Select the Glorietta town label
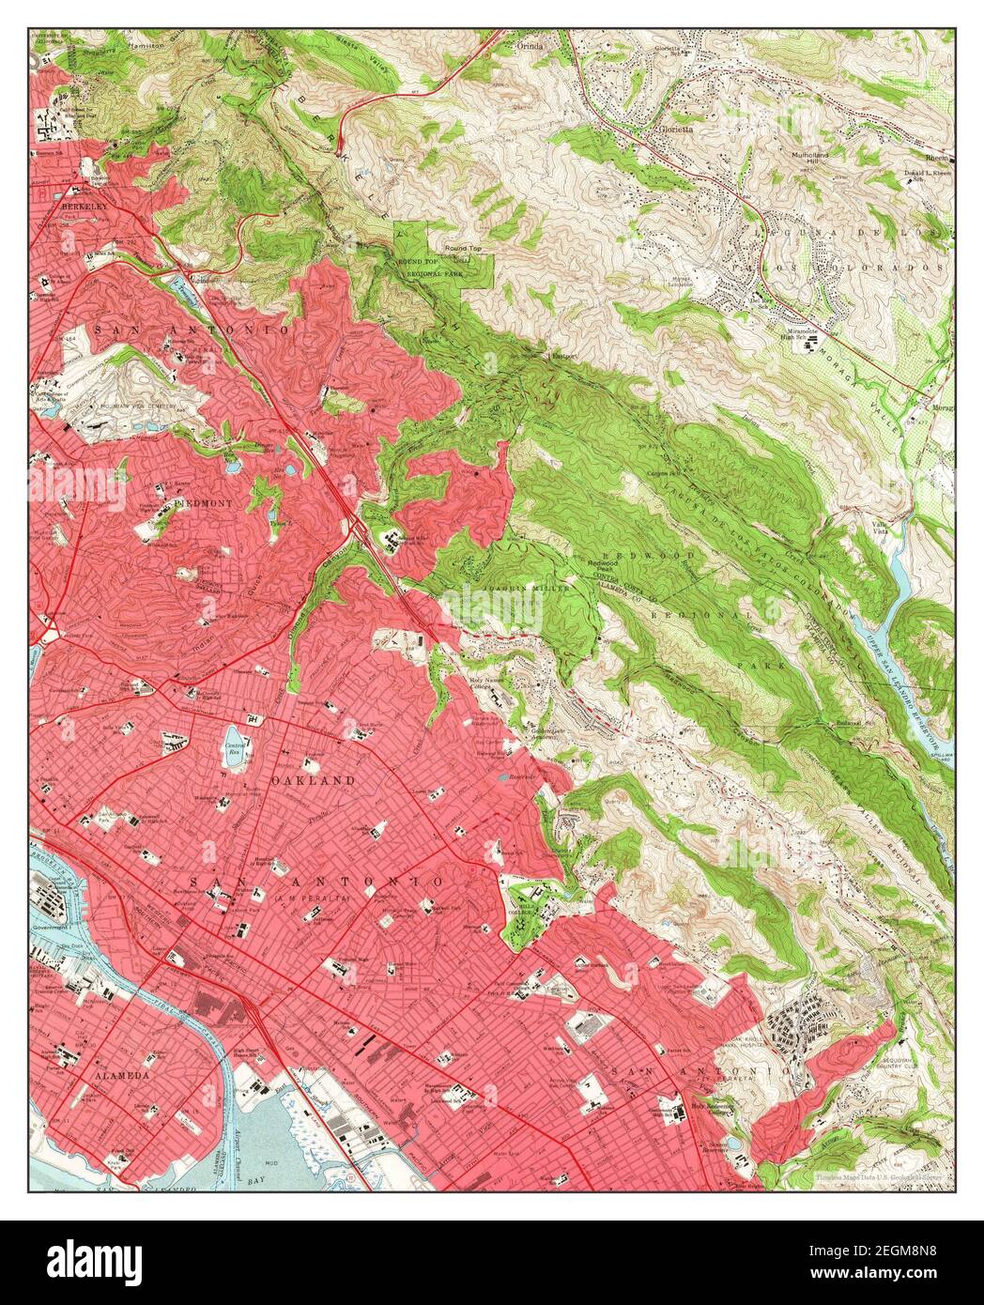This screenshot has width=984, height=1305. [x=674, y=130]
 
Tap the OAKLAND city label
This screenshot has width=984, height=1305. [x=313, y=780]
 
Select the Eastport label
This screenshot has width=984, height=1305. [x=563, y=357]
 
